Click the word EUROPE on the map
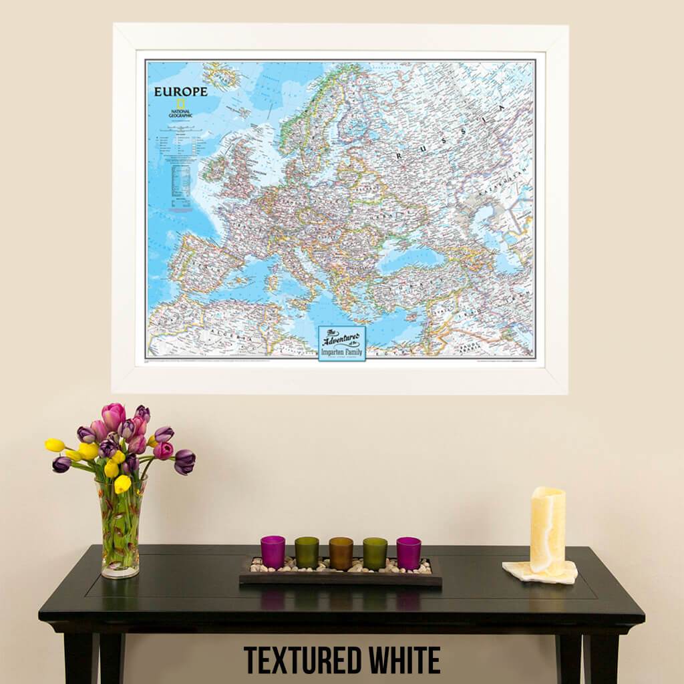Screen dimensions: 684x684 coord(180,92)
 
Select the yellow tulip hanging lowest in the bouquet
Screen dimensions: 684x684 coord(122,484)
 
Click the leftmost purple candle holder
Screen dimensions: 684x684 coord(273,552)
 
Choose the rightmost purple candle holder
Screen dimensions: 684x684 coord(408,552)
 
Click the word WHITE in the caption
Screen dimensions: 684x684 coord(405,660)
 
